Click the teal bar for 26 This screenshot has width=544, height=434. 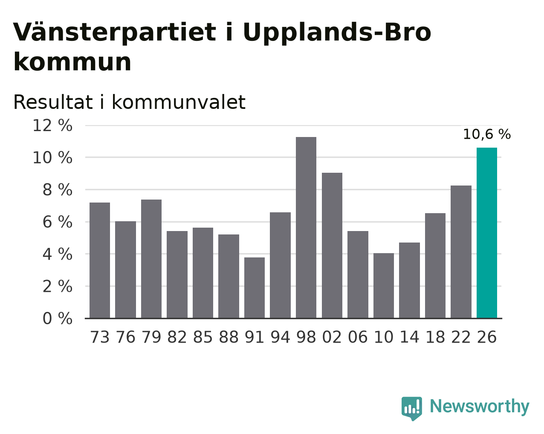(x=486, y=233)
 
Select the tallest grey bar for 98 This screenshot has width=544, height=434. (x=306, y=228)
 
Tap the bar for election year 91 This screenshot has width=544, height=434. (x=254, y=288)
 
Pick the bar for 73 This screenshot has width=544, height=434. (x=100, y=260)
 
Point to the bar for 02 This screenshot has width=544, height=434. (x=332, y=246)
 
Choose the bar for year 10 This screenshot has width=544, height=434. (x=383, y=286)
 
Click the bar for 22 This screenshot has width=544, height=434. (x=461, y=252)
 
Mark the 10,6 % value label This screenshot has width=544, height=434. (x=486, y=134)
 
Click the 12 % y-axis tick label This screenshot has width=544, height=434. (x=52, y=126)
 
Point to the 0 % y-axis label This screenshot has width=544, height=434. (x=58, y=318)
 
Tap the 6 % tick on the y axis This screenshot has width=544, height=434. (x=58, y=222)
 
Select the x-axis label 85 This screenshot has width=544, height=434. (x=203, y=337)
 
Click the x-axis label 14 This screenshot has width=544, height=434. (x=409, y=337)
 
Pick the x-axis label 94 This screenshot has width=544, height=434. (x=280, y=337)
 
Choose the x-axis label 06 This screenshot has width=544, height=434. (x=358, y=337)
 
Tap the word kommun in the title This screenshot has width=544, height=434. (x=72, y=62)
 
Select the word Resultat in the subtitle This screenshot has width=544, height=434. (x=53, y=102)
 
